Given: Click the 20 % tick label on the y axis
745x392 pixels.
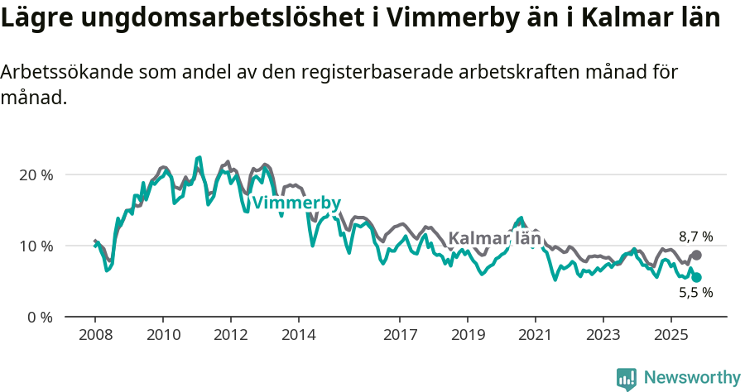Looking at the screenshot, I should point(36,175).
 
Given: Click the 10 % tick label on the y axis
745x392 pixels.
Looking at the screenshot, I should point(36,246).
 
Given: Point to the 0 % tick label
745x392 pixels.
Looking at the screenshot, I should point(39,317).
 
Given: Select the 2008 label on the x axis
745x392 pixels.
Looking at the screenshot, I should point(95,336).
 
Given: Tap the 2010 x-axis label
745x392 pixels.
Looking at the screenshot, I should point(163,336).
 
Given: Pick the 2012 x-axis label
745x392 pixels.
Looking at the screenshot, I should point(230,336).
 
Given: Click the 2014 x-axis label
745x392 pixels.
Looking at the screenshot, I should point(298,336).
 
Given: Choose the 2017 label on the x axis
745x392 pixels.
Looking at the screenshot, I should point(400,336).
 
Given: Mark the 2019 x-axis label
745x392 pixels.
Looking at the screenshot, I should point(467,336).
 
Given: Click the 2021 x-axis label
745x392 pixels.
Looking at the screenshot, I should point(535,336).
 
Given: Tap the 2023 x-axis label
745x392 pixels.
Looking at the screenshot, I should point(603,336).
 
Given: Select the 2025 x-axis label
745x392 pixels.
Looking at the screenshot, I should point(670,336).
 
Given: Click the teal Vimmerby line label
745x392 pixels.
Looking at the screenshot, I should point(296,203).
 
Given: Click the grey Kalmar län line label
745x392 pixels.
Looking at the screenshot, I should point(494,239).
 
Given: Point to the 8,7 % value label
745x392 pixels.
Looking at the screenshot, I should point(695,237).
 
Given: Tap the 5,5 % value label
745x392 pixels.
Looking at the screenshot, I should point(695,292).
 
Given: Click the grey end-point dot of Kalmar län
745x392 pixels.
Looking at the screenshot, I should point(696,256).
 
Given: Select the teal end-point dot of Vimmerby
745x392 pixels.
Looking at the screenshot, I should point(696,278).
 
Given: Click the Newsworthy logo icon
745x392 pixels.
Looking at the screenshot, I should point(627,379).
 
